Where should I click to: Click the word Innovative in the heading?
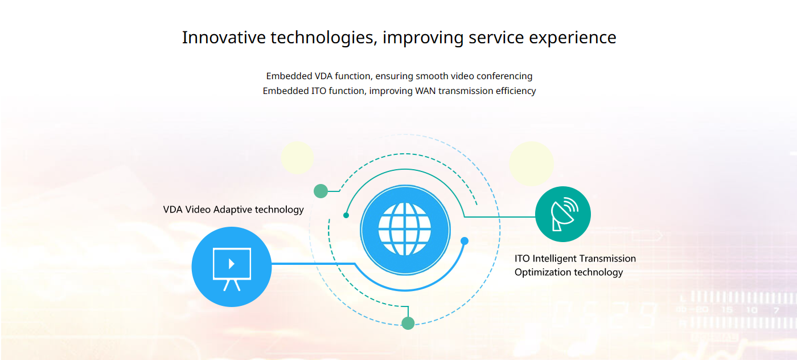pyautogui.click(x=224, y=38)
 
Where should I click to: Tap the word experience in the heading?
pyautogui.click(x=573, y=38)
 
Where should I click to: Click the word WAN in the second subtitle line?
pyautogui.click(x=425, y=91)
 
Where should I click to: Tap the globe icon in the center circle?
pyautogui.click(x=405, y=229)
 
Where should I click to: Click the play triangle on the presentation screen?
pyautogui.click(x=232, y=264)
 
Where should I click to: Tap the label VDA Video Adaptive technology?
pyautogui.click(x=233, y=210)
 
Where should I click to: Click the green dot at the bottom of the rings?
pyautogui.click(x=408, y=323)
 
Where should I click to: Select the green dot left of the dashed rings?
pyautogui.click(x=321, y=191)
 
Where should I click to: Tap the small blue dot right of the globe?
pyautogui.click(x=465, y=241)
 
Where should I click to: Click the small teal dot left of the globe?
pyautogui.click(x=346, y=215)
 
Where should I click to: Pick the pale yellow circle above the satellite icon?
pyautogui.click(x=531, y=163)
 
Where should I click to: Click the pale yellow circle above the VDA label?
pyautogui.click(x=297, y=157)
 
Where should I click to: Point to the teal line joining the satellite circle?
pyautogui.click(x=500, y=216)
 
